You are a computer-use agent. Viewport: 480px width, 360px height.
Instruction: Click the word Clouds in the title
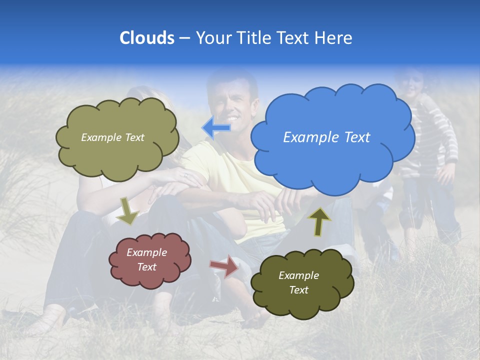pyautogui.click(x=146, y=38)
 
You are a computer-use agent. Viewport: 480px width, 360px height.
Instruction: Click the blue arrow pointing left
pyautogui.click(x=216, y=128)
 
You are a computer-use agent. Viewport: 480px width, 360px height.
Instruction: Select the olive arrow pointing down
pyautogui.click(x=127, y=210)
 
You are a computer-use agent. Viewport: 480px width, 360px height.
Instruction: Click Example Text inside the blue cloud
pyautogui.click(x=326, y=137)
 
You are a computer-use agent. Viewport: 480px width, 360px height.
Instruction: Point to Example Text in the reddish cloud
pyautogui.click(x=146, y=259)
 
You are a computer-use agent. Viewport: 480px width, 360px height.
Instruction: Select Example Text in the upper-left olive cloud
pyautogui.click(x=112, y=137)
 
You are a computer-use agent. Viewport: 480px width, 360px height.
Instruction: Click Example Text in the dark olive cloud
pyautogui.click(x=298, y=282)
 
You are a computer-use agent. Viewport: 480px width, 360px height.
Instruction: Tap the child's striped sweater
pyautogui.click(x=435, y=135)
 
